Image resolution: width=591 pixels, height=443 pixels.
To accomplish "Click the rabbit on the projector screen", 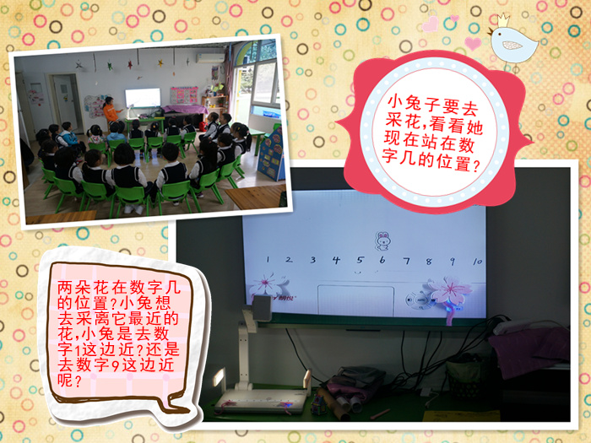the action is pos(382,241).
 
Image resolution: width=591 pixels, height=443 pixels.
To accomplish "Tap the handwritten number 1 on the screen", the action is pos(268,259).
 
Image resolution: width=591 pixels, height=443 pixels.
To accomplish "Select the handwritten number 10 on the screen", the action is pos(477,261).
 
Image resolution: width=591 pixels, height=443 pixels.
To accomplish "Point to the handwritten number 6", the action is pos(382,260).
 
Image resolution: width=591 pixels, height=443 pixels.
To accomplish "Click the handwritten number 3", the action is pos(313,260).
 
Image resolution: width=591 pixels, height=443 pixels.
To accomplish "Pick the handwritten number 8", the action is pos(429,261).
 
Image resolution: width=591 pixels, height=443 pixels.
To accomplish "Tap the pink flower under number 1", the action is pos(267,285).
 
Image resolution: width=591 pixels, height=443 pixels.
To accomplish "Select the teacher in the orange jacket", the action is pos(112,112).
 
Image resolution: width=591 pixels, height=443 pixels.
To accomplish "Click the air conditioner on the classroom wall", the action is pos(210,58).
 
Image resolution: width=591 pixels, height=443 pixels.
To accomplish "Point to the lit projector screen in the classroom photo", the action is pos(143,98).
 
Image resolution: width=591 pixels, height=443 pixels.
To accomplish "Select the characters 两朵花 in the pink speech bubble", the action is pos(83,288).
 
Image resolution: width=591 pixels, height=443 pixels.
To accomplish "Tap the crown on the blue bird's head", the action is pos(503,20).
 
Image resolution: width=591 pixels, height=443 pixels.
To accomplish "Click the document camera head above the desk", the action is pos(262,307).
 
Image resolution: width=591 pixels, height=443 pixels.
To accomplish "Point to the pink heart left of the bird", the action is pos(473,43).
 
